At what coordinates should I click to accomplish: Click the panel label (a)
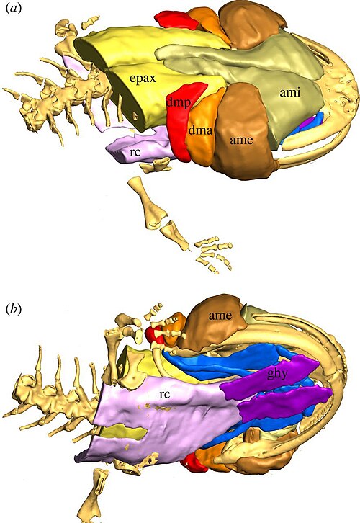click(14, 9)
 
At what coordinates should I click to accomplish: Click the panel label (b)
click(14, 310)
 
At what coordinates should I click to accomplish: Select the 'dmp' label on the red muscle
click(179, 102)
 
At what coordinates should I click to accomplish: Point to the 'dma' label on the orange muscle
click(200, 130)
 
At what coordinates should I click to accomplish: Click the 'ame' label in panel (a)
click(241, 140)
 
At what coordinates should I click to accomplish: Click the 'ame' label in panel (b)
click(220, 316)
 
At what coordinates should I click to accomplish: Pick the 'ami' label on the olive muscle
click(290, 92)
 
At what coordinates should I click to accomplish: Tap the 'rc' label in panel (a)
click(135, 152)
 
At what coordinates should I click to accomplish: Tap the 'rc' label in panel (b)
click(165, 394)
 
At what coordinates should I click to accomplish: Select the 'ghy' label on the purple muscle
click(276, 374)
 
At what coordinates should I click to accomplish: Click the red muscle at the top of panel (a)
click(176, 20)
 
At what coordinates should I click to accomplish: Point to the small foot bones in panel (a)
click(213, 254)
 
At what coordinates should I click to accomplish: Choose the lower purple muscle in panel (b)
click(284, 404)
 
